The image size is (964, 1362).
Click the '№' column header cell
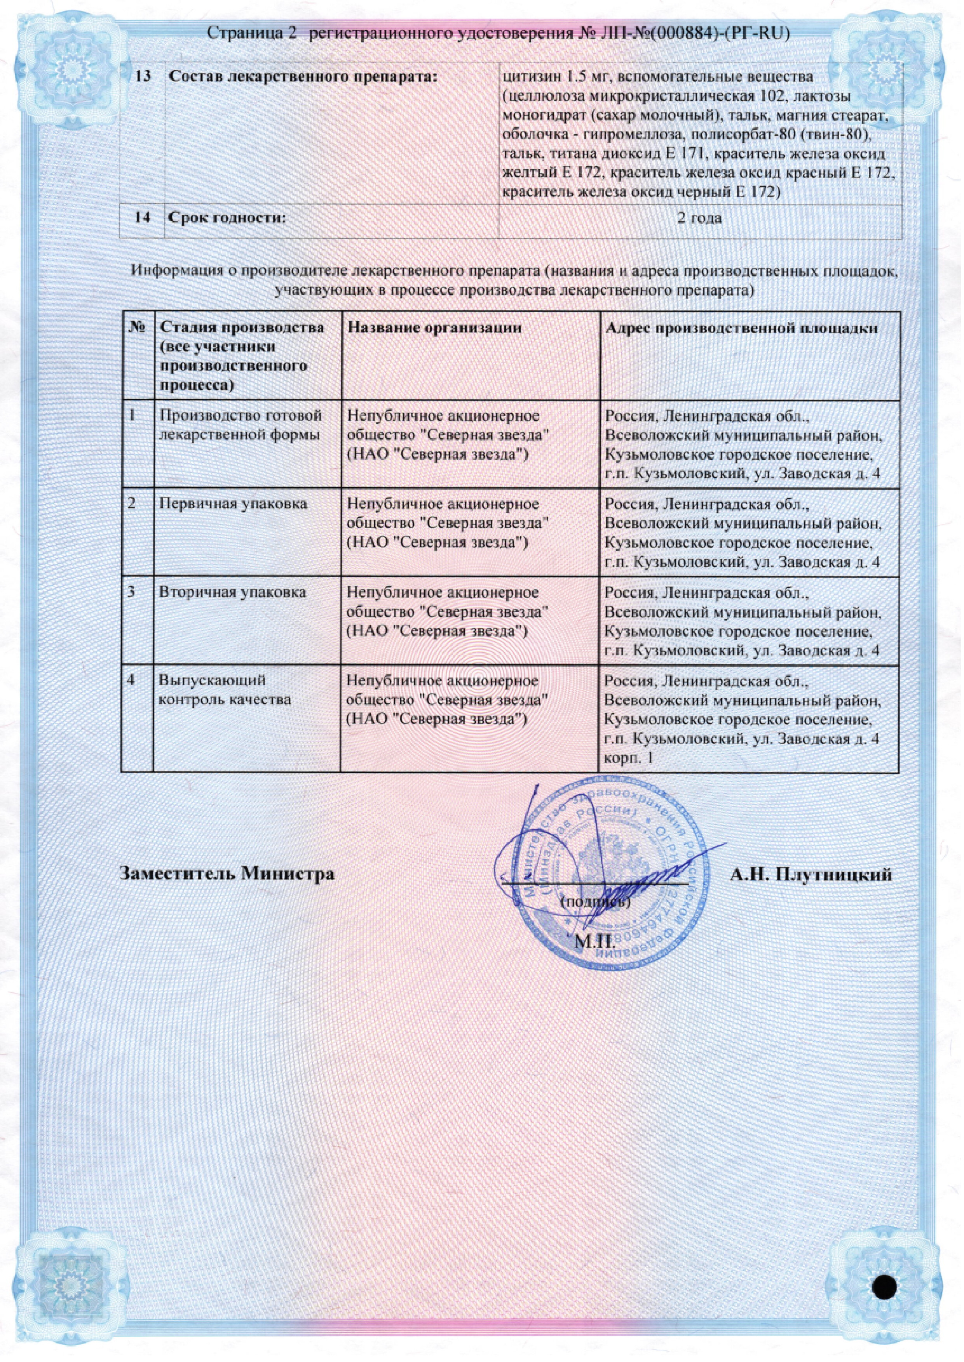(137, 328)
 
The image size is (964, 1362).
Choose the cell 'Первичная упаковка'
(233, 504)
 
